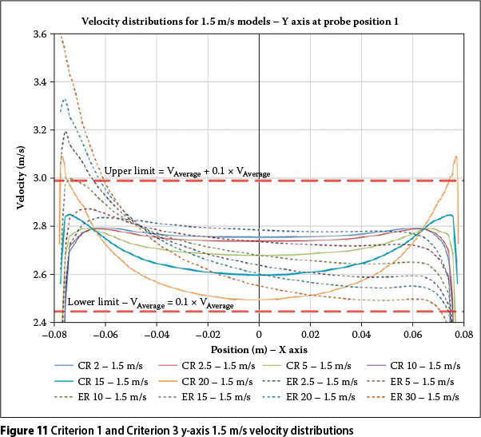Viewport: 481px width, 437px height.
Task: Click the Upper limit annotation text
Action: coord(187,172)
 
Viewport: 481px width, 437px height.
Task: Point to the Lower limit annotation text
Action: coord(150,303)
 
